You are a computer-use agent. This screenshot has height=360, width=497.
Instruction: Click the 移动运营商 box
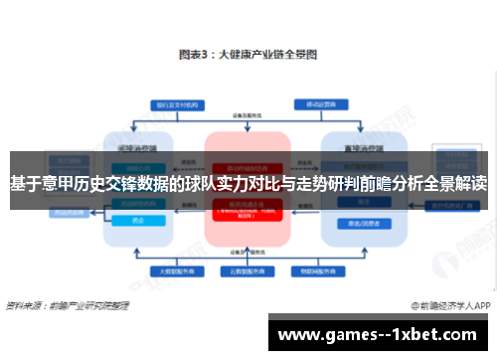(322, 103)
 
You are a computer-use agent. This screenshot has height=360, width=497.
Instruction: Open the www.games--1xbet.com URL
(381, 334)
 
